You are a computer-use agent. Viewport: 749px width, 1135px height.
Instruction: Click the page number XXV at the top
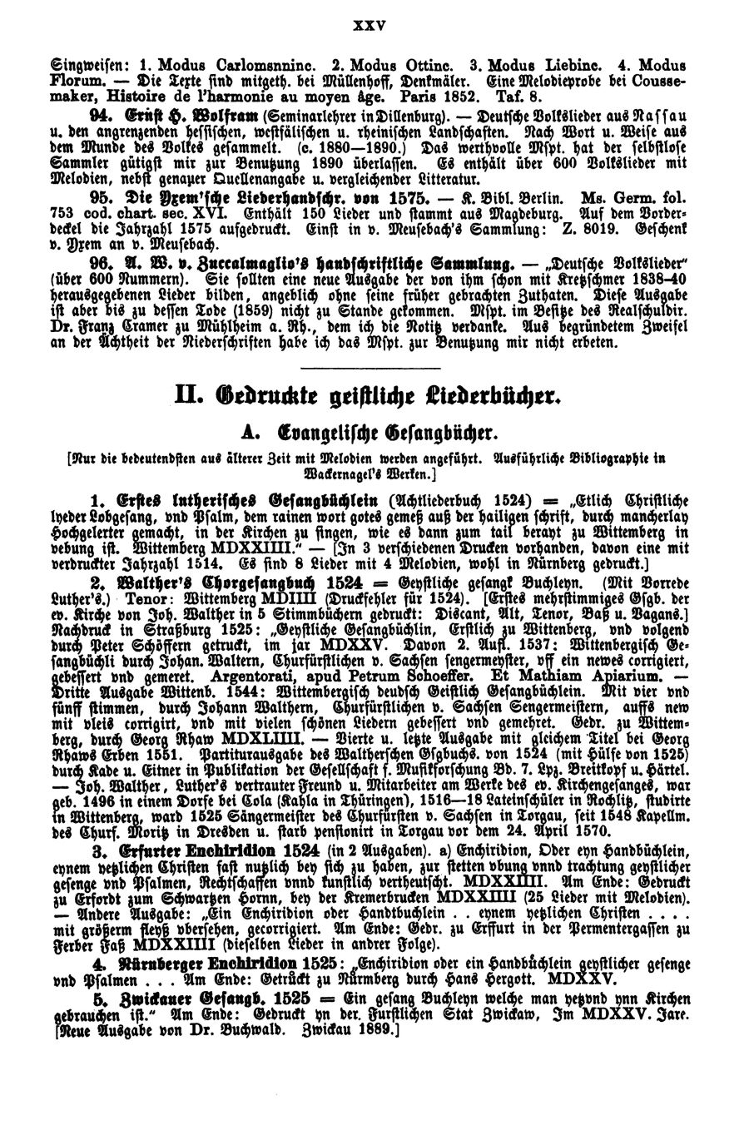coord(374,26)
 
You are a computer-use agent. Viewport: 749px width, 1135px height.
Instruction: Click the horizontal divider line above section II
coord(373,364)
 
